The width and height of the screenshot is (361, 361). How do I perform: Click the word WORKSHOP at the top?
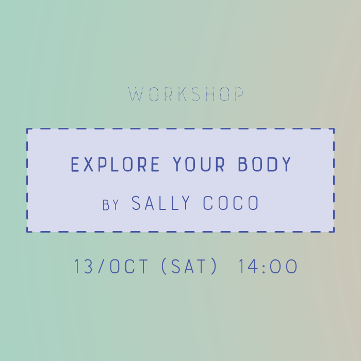pyautogui.click(x=186, y=94)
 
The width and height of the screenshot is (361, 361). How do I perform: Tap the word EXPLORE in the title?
pyautogui.click(x=115, y=164)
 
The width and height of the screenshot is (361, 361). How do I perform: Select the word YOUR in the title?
pyautogui.click(x=199, y=164)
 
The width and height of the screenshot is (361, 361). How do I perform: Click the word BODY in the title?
pyautogui.click(x=264, y=164)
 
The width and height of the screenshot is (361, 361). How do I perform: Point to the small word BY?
pyautogui.click(x=110, y=205)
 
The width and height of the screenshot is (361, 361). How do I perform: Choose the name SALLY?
pyautogui.click(x=161, y=203)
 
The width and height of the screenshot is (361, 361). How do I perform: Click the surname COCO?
pyautogui.click(x=231, y=203)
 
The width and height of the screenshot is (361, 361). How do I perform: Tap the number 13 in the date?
pyautogui.click(x=84, y=266)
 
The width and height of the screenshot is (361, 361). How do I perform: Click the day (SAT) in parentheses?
pyautogui.click(x=189, y=266)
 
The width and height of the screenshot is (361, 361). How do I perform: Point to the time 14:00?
pyautogui.click(x=268, y=266)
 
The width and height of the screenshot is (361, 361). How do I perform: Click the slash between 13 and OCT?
pyautogui.click(x=101, y=266)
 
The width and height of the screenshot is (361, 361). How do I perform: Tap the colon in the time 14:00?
pyautogui.click(x=264, y=268)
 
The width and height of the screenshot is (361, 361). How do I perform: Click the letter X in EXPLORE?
pyautogui.click(x=88, y=164)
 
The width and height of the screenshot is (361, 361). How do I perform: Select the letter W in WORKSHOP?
pyautogui.click(x=136, y=94)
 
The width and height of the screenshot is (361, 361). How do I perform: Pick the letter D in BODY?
pyautogui.click(x=272, y=164)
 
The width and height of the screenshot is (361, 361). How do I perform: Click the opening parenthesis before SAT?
pyautogui.click(x=164, y=266)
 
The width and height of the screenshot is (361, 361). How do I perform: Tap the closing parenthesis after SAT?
pyautogui.click(x=214, y=266)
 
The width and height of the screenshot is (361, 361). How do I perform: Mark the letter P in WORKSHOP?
pyautogui.click(x=239, y=94)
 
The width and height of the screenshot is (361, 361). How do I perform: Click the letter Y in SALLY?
pyautogui.click(x=185, y=203)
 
